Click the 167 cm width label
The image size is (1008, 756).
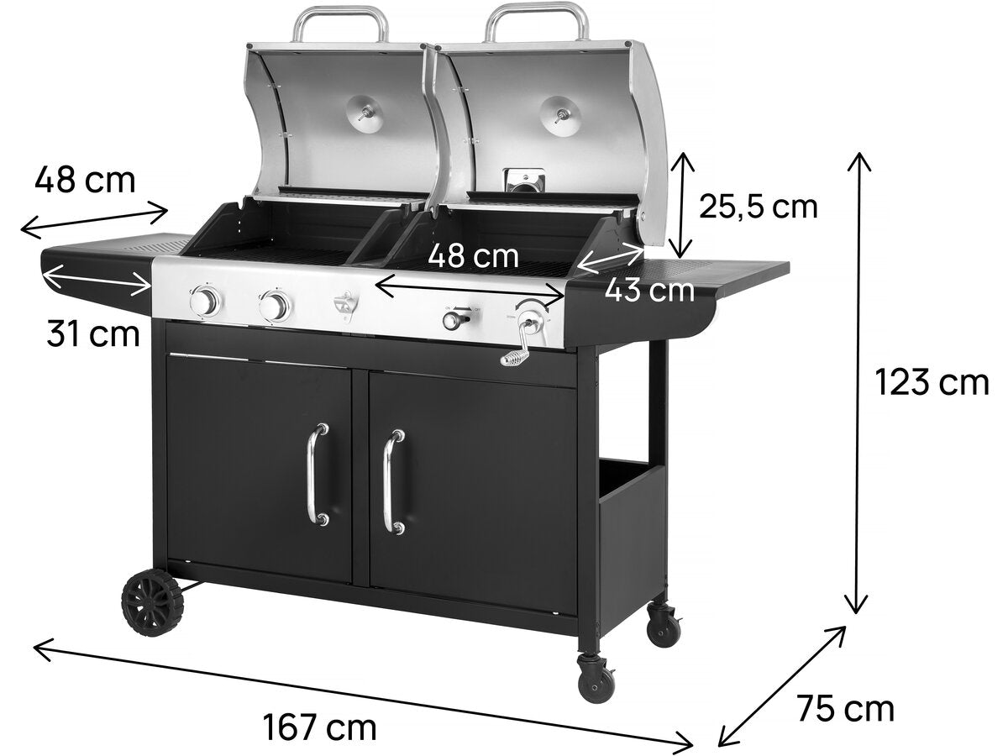319,726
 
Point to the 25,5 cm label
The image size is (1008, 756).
759,206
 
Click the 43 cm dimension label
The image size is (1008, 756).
649,291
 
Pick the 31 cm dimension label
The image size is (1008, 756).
92,334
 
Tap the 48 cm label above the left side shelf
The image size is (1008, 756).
85,179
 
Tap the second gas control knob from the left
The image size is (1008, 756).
274,307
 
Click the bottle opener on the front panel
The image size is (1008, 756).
345,307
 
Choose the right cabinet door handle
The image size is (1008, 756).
389,482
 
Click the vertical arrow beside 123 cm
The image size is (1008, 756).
858,383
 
